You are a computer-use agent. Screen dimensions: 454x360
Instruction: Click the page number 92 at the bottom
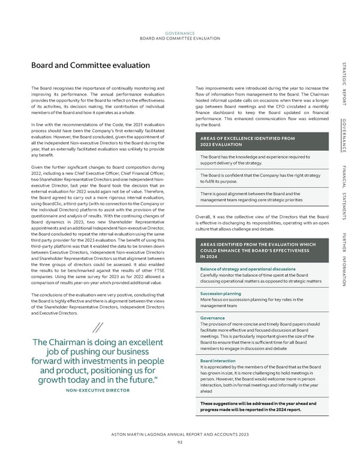pyautogui.click(x=180, y=443)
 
